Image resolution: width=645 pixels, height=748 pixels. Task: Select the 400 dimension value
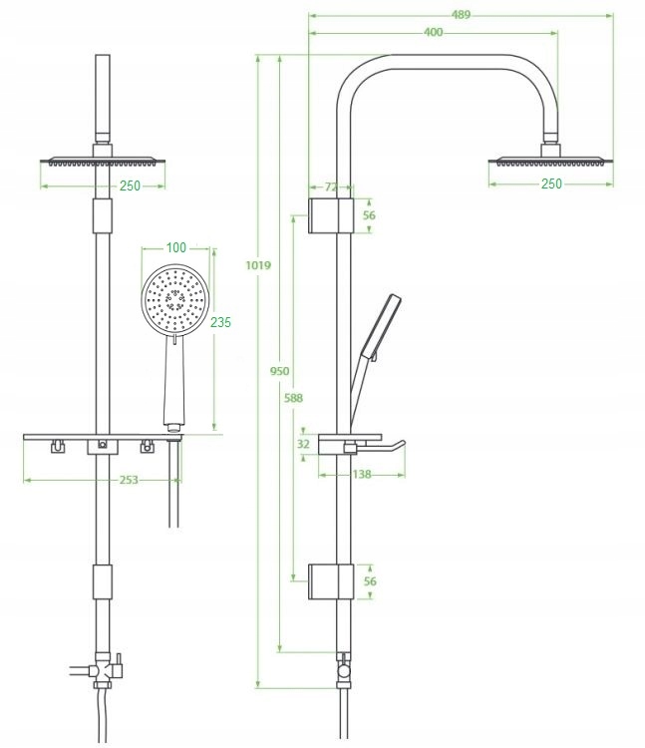click(x=434, y=32)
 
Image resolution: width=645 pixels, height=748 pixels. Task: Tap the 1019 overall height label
click(x=257, y=266)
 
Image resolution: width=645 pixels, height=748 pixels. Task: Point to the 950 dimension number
click(x=280, y=371)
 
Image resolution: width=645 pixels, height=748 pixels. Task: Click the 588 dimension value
click(x=292, y=398)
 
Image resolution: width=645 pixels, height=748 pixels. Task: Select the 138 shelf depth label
click(x=360, y=475)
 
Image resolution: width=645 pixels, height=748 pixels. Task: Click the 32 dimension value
click(x=303, y=445)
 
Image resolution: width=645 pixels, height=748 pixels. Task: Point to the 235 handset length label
click(x=220, y=321)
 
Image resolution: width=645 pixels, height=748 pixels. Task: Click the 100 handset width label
click(x=175, y=247)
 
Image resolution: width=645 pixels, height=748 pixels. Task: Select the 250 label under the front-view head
click(x=130, y=185)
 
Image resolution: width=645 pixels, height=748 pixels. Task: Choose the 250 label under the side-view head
click(x=551, y=184)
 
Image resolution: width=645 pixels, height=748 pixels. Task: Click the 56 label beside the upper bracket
click(x=369, y=214)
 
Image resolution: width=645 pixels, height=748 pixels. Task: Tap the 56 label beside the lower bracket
click(x=369, y=581)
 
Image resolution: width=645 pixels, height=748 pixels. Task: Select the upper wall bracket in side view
click(x=330, y=215)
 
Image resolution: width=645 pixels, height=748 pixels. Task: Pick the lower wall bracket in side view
click(x=330, y=581)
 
